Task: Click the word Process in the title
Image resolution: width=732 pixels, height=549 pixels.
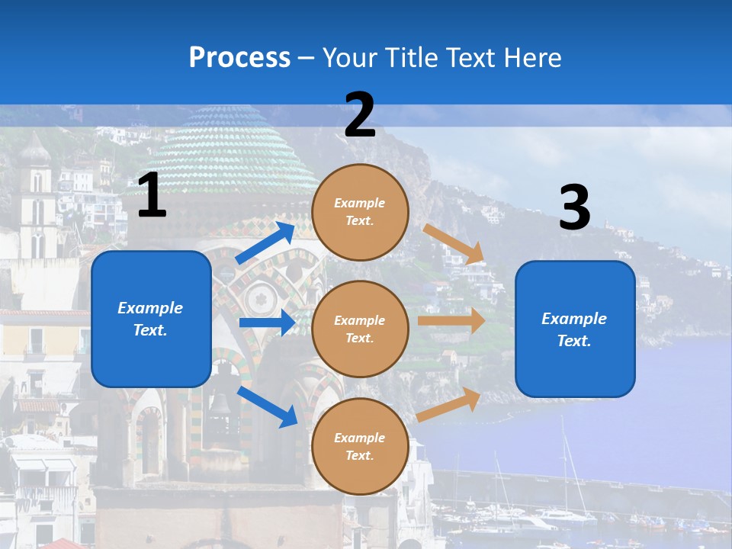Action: (239, 58)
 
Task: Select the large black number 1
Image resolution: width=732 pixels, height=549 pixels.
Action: (152, 196)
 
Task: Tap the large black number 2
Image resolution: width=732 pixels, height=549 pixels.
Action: (360, 116)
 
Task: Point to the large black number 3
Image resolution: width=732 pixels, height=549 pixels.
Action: (575, 207)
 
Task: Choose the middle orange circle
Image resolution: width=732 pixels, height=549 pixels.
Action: (360, 329)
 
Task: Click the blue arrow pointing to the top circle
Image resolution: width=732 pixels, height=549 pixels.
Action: (265, 243)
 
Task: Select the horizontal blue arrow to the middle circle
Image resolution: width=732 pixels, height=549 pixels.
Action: (267, 323)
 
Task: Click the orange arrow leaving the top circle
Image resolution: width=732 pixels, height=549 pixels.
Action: (454, 244)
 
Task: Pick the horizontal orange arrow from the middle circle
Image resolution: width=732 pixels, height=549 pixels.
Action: (451, 321)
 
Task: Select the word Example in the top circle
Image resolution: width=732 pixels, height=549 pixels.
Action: (360, 203)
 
